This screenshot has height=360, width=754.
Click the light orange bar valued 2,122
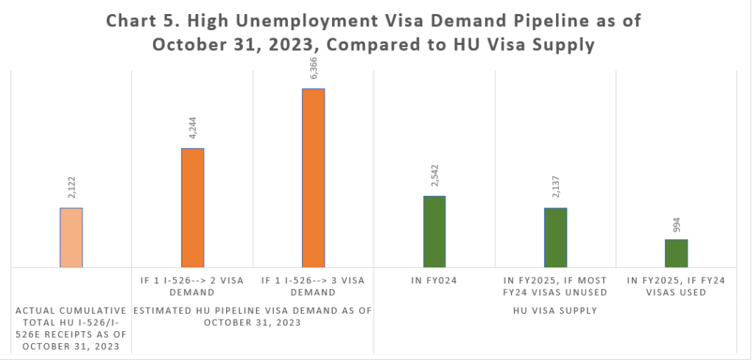coord(71,238)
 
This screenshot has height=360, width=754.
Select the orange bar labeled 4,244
coord(192,208)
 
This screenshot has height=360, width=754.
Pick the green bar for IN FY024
coord(434,231)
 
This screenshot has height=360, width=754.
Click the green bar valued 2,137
coord(555,237)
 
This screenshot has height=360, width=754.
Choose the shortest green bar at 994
coord(676,253)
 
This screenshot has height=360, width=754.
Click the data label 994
coord(676,225)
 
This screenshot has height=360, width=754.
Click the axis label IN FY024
coord(434,280)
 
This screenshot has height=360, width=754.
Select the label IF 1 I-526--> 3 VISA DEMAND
coord(313,286)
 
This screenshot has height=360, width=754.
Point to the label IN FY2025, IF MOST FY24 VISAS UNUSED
coord(555,286)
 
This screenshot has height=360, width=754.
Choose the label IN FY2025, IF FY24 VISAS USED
coord(676,286)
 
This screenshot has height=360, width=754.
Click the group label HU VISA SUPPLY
coord(555,311)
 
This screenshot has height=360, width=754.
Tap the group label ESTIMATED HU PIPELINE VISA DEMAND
coord(252,316)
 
